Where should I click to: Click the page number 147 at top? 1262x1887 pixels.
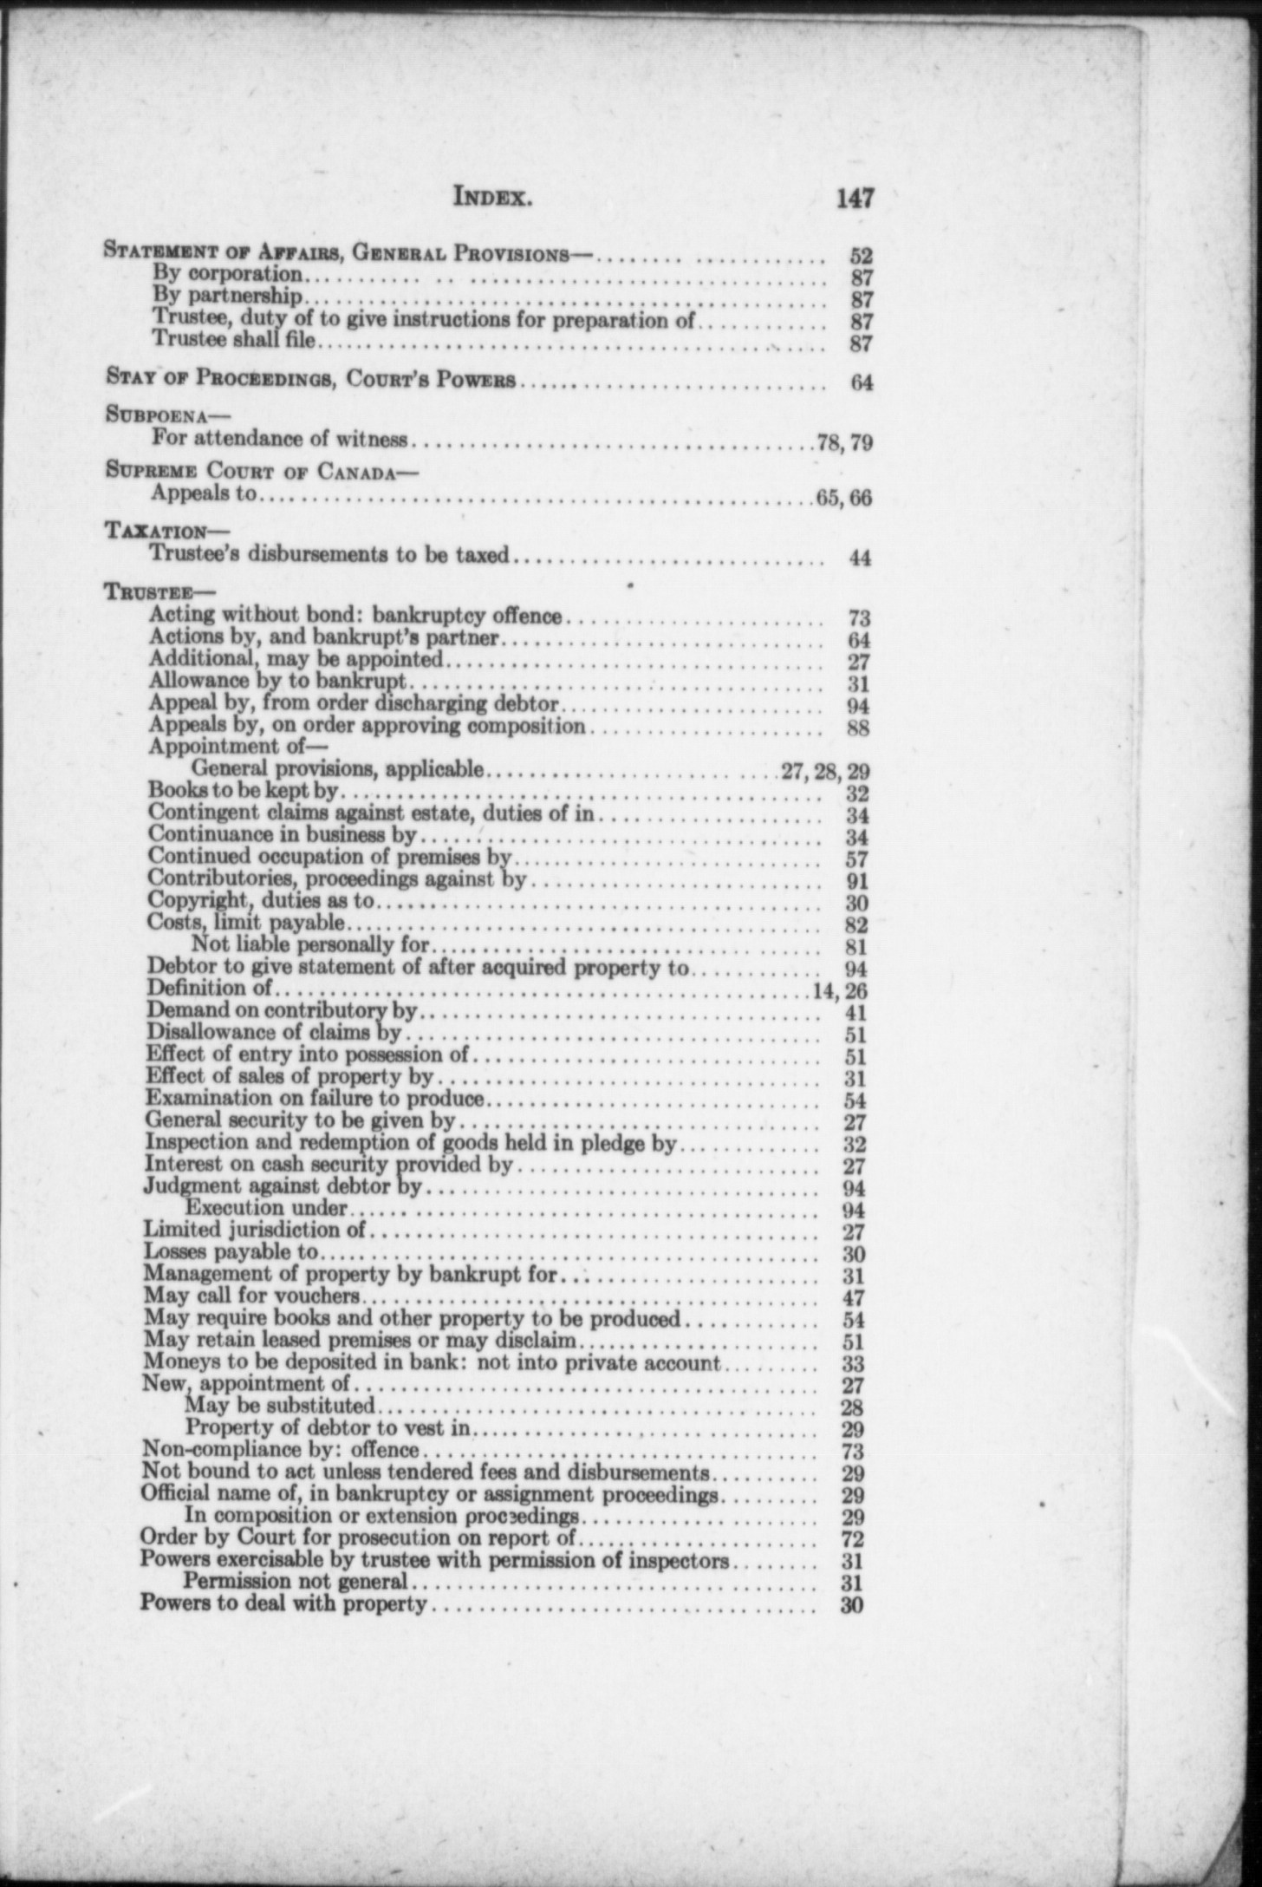coord(854,199)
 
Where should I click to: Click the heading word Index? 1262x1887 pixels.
coord(491,199)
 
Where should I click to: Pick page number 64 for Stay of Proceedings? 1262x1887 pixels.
coord(860,382)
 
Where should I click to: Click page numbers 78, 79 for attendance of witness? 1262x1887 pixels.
coord(843,444)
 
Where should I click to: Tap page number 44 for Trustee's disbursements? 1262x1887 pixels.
coord(859,558)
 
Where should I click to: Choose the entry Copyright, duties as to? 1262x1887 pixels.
coord(261,902)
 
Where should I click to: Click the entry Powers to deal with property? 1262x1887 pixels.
coord(283,1604)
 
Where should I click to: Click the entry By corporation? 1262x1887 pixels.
coord(227,275)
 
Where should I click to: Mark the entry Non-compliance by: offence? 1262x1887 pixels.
coord(280,1449)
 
